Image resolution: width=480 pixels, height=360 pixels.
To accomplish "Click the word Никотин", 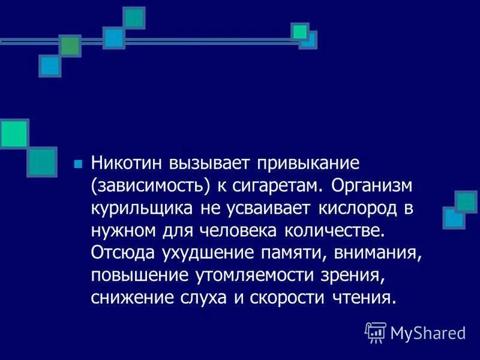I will tap(127, 163).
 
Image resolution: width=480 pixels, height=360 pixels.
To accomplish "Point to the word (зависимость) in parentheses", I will tap(151, 186).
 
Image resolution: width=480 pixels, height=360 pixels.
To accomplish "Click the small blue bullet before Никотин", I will tap(76, 164).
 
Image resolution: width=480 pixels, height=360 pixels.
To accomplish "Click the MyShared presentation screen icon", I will tap(375, 332).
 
